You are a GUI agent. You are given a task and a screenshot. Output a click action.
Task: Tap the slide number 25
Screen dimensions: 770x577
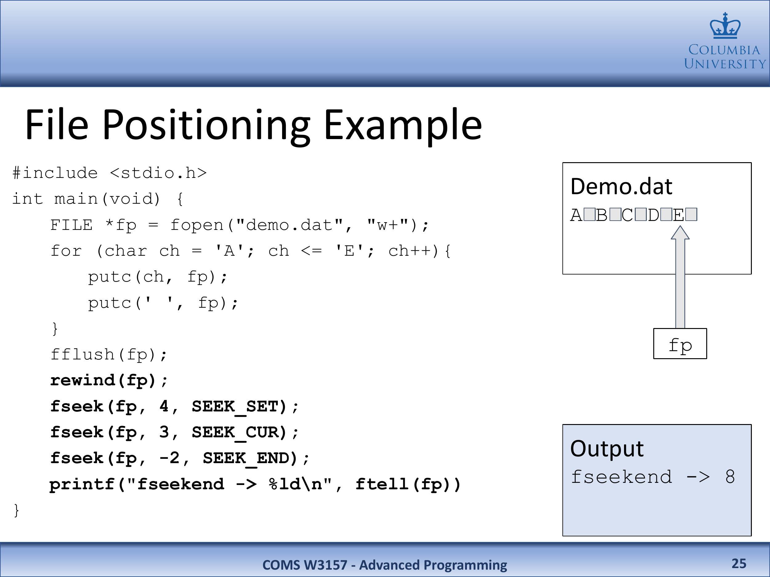(739, 563)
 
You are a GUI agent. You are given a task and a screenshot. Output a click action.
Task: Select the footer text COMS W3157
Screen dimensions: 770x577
(305, 565)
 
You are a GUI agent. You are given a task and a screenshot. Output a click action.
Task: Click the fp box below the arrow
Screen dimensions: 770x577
(680, 343)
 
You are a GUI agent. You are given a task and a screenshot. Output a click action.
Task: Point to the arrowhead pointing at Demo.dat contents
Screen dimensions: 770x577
(680, 233)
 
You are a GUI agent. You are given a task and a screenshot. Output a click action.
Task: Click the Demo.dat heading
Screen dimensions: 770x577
(621, 186)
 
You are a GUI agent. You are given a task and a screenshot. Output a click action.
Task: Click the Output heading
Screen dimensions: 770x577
(607, 449)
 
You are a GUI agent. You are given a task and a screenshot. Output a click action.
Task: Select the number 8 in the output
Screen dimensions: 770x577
(730, 477)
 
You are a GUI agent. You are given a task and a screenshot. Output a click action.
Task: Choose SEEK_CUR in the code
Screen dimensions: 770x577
(240, 433)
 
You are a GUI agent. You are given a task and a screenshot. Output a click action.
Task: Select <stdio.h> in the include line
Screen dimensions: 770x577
(158, 173)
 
